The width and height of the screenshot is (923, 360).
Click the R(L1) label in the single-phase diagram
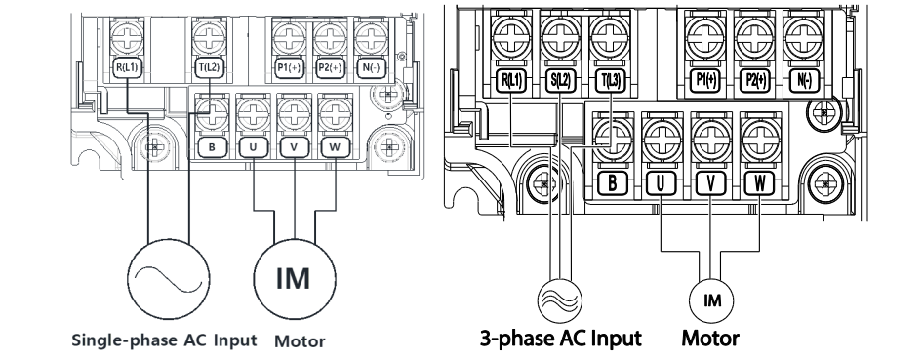coord(127,68)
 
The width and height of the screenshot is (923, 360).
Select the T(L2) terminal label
coord(209,68)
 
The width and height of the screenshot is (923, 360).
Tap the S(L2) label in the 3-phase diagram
coord(559,81)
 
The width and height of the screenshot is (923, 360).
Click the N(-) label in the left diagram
coord(372,68)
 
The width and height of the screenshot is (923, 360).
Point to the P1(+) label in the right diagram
coord(705,81)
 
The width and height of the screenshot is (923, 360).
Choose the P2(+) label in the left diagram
coord(330,68)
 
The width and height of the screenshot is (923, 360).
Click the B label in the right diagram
coord(612,184)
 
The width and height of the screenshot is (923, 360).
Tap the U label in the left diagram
coord(253,147)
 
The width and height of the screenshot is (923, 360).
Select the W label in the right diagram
coord(760,184)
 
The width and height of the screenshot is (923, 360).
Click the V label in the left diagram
coord(295,147)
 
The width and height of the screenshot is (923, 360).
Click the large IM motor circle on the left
coord(295,278)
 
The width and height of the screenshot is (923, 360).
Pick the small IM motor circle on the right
coord(711,300)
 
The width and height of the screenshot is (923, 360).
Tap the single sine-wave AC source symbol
coord(169,278)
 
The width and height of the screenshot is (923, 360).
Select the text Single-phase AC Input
coord(164,340)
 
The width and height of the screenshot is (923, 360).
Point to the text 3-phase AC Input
coord(560,339)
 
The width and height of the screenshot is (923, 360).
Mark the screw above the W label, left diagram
coord(335,113)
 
